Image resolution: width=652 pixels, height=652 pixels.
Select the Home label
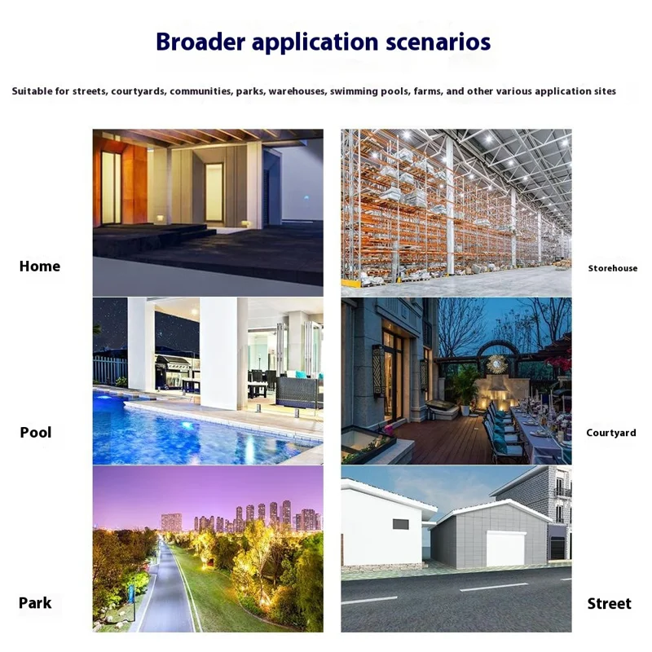tap(40, 267)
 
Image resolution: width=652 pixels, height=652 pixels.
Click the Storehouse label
tap(613, 268)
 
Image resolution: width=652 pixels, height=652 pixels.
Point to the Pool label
tap(36, 433)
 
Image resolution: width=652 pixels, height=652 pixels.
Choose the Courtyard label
tap(611, 433)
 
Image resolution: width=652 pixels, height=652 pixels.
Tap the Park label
tap(35, 603)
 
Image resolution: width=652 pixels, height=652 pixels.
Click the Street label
tap(610, 604)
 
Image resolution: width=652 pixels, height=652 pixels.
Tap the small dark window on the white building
tap(401, 523)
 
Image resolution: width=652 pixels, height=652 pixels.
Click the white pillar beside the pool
tap(218, 350)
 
